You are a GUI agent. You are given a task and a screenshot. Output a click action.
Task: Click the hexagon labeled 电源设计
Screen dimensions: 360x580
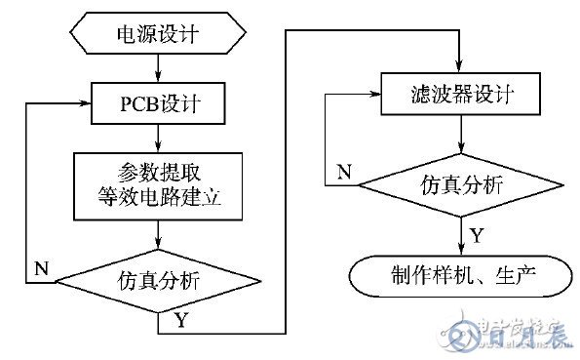[158, 35]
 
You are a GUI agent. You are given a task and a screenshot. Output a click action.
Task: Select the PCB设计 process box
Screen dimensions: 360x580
[158, 101]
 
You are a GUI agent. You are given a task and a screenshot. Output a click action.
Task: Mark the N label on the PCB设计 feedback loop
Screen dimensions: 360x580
[41, 265]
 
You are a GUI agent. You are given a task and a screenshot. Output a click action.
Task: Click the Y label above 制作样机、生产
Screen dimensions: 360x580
[477, 234]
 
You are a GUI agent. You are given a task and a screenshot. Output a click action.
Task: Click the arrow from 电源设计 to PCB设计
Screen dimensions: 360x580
[158, 67]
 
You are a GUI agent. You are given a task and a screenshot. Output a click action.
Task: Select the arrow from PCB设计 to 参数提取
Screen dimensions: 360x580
[158, 136]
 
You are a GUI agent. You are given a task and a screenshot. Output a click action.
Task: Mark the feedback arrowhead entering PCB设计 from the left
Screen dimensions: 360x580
[84, 102]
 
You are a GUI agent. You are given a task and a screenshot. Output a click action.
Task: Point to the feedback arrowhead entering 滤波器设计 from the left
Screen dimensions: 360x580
[374, 95]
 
